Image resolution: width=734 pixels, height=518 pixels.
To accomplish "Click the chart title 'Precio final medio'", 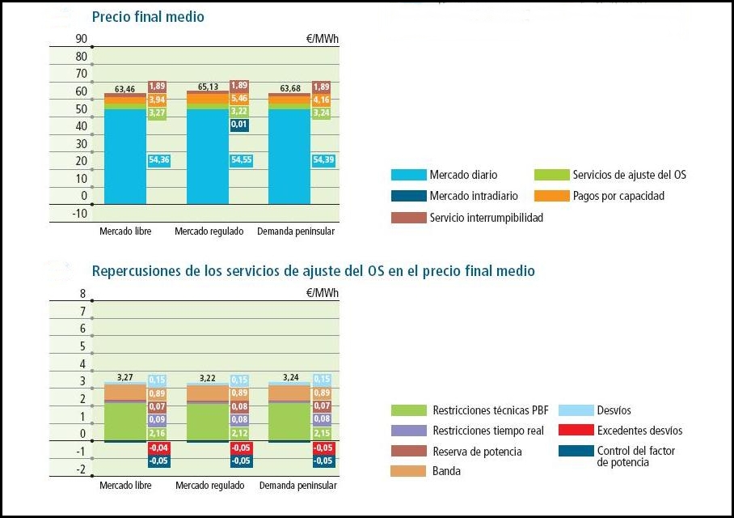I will pos(148,17).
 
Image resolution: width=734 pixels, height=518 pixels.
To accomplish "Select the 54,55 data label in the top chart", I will pos(240,160).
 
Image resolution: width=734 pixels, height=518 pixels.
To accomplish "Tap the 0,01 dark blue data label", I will pos(240,125).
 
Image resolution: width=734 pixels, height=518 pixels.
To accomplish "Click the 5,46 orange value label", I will pos(240,98).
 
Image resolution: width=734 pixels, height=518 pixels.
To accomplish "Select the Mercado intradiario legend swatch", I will pos(408,196).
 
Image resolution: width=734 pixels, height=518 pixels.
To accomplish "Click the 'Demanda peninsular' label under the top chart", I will pos(295,232).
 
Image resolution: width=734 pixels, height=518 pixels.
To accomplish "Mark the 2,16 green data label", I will pos(157,434).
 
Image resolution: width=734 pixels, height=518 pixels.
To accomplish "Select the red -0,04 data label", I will pos(157,448).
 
